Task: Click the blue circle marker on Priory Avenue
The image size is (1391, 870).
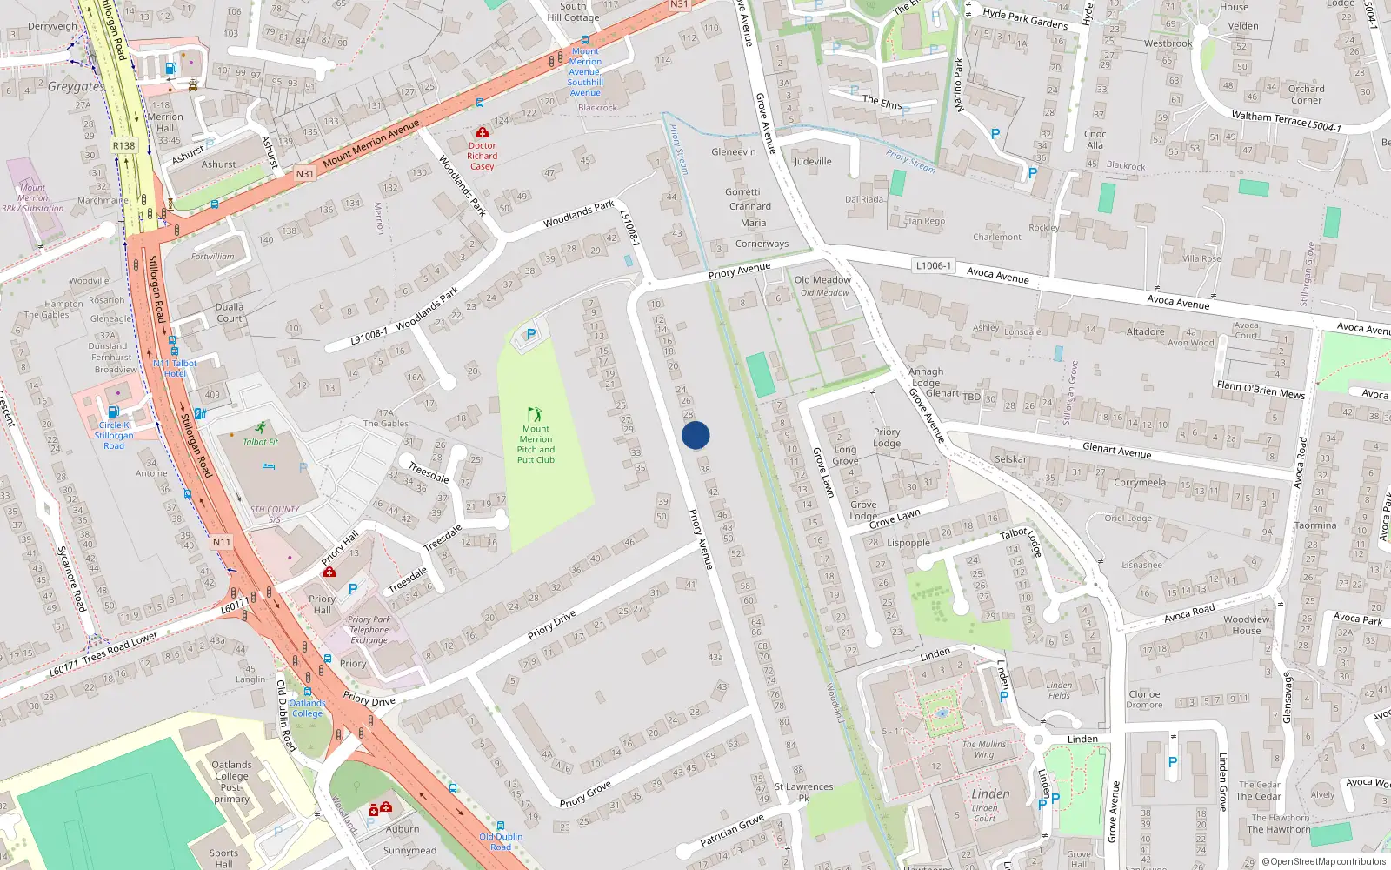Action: pyautogui.click(x=695, y=435)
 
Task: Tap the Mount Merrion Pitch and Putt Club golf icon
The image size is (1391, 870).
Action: pyautogui.click(x=535, y=414)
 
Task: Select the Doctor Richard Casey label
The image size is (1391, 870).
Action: pyautogui.click(x=482, y=156)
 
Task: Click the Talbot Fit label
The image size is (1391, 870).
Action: pyautogui.click(x=260, y=442)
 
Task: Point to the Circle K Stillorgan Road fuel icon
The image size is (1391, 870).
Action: pyautogui.click(x=113, y=412)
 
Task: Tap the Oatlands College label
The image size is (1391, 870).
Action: pyautogui.click(x=307, y=708)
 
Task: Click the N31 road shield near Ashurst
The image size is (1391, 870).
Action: pyautogui.click(x=304, y=173)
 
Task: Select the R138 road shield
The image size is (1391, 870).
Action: pyautogui.click(x=123, y=145)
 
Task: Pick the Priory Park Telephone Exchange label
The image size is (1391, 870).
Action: pyautogui.click(x=369, y=630)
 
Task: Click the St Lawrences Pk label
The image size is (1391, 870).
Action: pyautogui.click(x=803, y=792)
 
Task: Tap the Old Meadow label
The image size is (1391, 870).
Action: pyautogui.click(x=822, y=280)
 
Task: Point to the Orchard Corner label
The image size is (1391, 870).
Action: pyautogui.click(x=1306, y=94)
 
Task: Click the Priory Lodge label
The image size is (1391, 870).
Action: pyautogui.click(x=887, y=438)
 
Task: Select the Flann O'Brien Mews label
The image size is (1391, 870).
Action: pyautogui.click(x=1261, y=389)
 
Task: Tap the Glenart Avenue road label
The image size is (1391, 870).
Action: pyautogui.click(x=1117, y=450)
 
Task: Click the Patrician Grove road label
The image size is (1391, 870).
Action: pyautogui.click(x=732, y=830)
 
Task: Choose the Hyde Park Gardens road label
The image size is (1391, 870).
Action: pyautogui.click(x=1025, y=17)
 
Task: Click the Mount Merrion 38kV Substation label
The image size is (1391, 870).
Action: pyautogui.click(x=33, y=197)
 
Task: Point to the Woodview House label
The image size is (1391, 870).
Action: pyautogui.click(x=1247, y=625)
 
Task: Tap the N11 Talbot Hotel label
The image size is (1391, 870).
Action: pyautogui.click(x=176, y=368)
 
